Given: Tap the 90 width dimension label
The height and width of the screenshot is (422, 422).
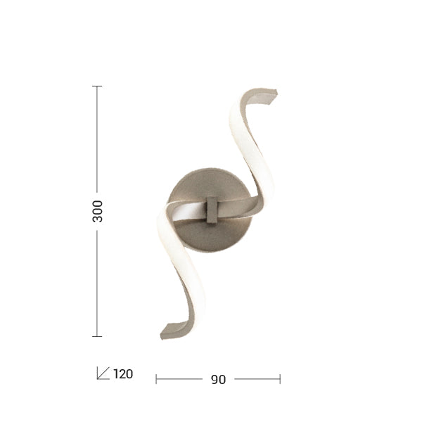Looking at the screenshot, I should click(x=218, y=379).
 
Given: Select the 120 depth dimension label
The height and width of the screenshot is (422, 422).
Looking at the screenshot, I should click(x=123, y=374).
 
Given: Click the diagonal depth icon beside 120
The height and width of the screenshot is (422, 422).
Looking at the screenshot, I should click(x=103, y=373).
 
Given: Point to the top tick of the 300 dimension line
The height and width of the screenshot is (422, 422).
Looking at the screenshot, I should click(x=97, y=86).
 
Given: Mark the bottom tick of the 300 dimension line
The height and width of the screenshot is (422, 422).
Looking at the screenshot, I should click(x=97, y=336).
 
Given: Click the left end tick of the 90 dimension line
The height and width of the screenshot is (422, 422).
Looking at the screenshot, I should click(x=156, y=379).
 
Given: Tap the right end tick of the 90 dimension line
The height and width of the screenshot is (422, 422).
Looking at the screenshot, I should click(x=280, y=379).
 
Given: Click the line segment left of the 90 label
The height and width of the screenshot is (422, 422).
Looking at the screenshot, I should click(x=179, y=379).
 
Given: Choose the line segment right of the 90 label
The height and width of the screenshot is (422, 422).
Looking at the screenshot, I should click(x=257, y=379).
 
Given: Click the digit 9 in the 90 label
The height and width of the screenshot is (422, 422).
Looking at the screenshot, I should click(x=214, y=379).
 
